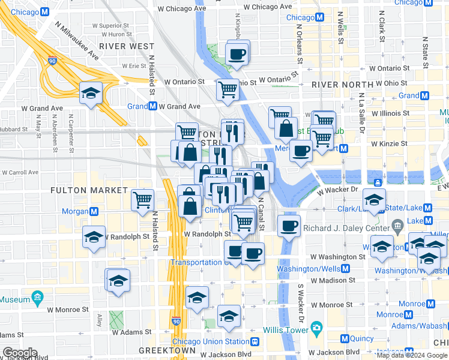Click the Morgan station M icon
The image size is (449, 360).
[x=94, y=211]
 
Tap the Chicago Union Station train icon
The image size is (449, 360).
[x=255, y=341]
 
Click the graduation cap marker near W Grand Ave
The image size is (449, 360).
[x=91, y=92]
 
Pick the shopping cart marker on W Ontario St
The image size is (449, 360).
[x=228, y=90]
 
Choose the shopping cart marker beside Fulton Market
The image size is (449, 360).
[x=142, y=199]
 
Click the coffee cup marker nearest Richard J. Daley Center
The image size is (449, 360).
[x=290, y=226]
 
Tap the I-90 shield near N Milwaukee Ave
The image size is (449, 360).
[x=53, y=61]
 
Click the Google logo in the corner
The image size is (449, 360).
[x=20, y=353]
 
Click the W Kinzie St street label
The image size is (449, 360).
[x=389, y=144]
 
